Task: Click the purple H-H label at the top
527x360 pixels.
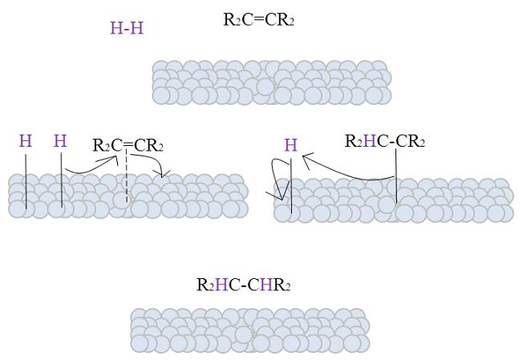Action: tap(127, 29)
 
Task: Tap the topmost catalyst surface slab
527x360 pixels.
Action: tap(271, 83)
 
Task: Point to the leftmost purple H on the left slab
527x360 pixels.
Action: tap(26, 141)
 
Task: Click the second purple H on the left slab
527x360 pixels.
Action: tap(60, 141)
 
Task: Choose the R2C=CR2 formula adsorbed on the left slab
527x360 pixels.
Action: tap(128, 145)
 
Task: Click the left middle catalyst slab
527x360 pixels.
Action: tap(128, 196)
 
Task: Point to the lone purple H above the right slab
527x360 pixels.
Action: tap(291, 145)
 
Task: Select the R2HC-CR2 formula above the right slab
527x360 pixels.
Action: tap(385, 142)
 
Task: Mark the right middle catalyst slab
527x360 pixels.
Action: tap(393, 200)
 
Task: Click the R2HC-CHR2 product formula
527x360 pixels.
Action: tap(243, 285)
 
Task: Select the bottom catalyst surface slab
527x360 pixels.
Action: tap(249, 331)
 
